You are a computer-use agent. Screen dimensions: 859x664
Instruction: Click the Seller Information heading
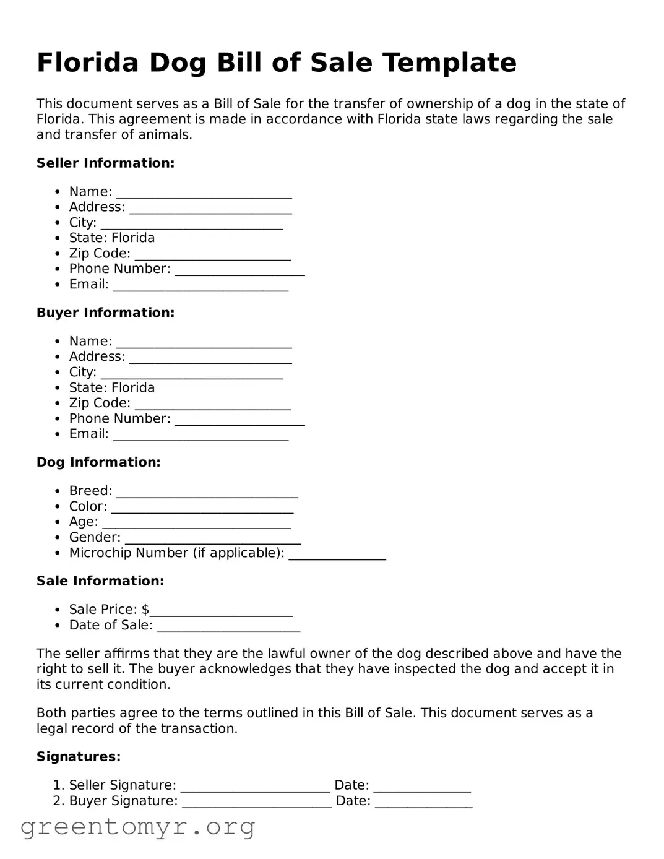105,163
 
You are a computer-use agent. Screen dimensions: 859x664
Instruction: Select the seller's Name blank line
204,194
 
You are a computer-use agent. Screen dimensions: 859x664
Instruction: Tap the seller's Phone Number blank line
239,271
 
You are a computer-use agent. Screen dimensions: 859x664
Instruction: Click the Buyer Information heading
105,313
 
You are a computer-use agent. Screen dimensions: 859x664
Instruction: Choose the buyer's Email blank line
200,436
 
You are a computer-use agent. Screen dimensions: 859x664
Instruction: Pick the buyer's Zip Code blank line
212,405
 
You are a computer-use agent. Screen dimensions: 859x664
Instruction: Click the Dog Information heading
98,462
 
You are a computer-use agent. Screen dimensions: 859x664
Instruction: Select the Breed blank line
207,493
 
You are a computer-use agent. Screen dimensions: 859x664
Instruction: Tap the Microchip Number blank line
337,555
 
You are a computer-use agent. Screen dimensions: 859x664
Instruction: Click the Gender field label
95,537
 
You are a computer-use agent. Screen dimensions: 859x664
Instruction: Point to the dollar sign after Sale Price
145,610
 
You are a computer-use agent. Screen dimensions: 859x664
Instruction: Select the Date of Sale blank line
228,628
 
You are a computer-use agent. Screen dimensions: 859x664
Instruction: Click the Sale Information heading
100,581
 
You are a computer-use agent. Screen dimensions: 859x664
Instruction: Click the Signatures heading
79,757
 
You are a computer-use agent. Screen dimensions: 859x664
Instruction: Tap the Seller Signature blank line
255,787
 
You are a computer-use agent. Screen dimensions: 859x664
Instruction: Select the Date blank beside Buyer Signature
423,803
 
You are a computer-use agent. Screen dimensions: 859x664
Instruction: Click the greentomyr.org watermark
137,827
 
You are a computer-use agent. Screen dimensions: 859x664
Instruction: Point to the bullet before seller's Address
58,207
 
